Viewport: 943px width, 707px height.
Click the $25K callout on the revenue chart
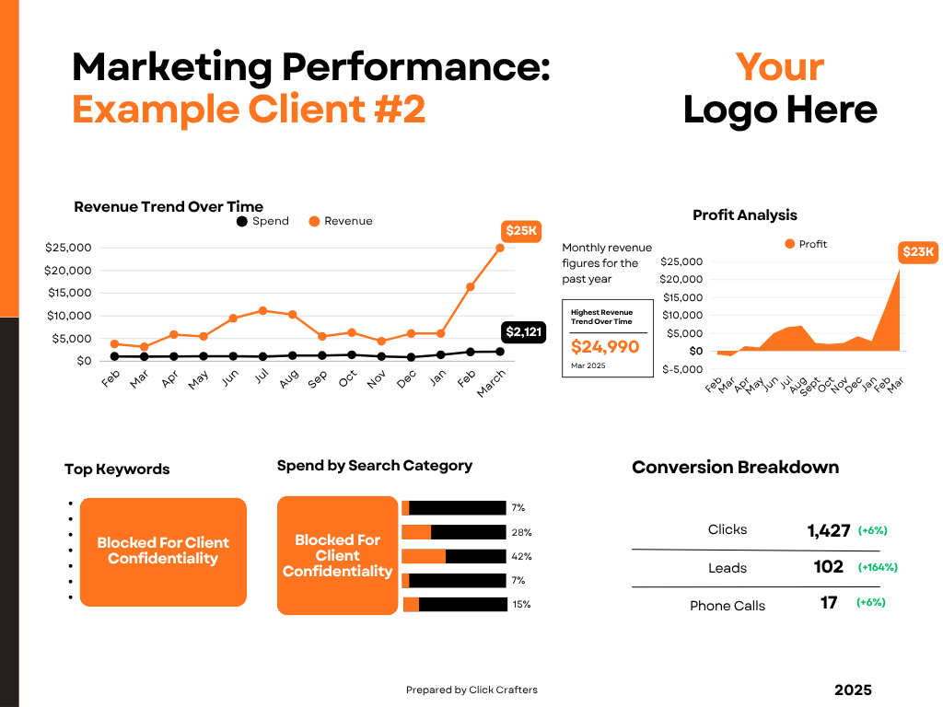tap(521, 231)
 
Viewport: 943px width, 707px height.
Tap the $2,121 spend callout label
tap(525, 332)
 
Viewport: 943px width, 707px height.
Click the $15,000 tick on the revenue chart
tap(68, 293)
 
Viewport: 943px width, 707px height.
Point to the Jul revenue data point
tap(263, 310)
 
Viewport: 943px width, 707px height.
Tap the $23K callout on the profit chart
tap(917, 252)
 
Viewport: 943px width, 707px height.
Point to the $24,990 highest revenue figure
tap(605, 347)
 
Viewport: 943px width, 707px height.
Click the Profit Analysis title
tap(745, 215)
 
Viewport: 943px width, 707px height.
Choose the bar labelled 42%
tap(454, 556)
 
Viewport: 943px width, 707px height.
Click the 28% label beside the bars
tap(521, 532)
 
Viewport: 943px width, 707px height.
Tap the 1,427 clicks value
tap(828, 530)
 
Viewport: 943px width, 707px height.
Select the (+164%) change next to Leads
tap(877, 567)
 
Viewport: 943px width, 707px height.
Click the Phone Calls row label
tap(728, 606)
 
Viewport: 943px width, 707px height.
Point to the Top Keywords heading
tap(117, 469)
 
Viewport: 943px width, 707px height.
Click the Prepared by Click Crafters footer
tap(471, 690)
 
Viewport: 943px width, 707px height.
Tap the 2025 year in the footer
tap(853, 690)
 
